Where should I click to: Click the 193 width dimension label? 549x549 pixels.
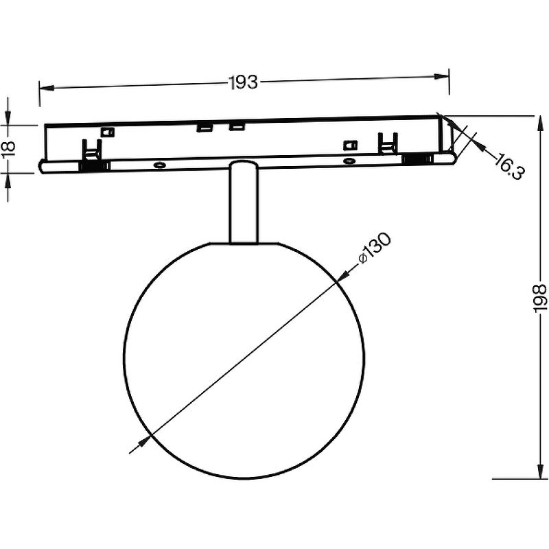(243, 83)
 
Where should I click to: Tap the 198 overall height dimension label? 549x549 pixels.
(539, 298)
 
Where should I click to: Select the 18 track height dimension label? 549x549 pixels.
(8, 150)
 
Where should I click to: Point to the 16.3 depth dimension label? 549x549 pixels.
(510, 166)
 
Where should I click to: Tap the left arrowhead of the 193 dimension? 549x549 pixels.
(47, 87)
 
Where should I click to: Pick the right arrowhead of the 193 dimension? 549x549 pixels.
(441, 76)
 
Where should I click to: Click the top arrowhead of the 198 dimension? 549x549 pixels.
(541, 123)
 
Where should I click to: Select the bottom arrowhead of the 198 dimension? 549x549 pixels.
(541, 471)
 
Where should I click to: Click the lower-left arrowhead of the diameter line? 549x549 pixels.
(144, 441)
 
